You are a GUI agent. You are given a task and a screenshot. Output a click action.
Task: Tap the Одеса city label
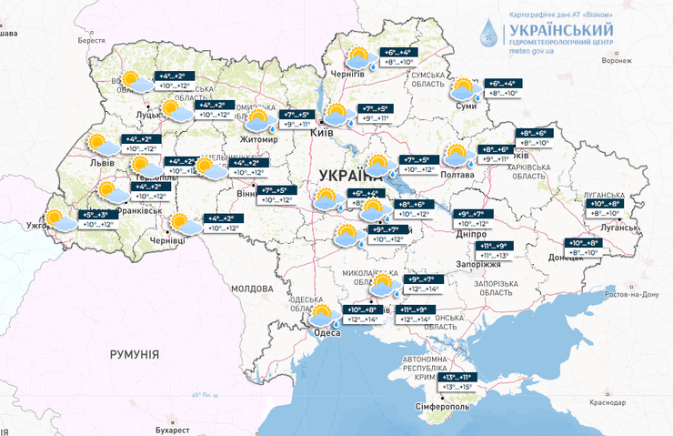click(325, 333)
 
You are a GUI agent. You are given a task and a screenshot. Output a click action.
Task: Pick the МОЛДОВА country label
click(251, 288)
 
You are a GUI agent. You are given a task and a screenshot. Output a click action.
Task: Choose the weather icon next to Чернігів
click(357, 57)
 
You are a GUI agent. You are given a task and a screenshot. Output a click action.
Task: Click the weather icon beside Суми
click(465, 89)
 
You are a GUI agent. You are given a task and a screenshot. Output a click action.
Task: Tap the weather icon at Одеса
click(321, 316)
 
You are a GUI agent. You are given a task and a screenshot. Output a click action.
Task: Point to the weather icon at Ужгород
click(60, 219)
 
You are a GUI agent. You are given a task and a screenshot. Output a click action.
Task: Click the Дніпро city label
click(468, 233)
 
